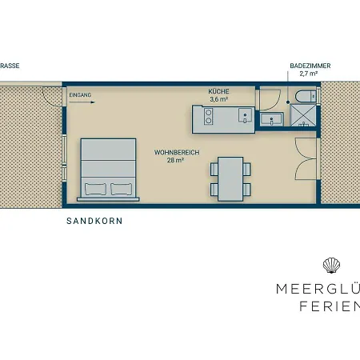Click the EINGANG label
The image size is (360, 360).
tap(81, 95)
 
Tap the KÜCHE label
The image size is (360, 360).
tap(218, 92)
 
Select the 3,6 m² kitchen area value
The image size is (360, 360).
tap(218, 100)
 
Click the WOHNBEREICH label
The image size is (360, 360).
tap(177, 152)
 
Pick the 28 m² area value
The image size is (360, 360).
tap(177, 160)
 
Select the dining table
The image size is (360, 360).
tap(230, 178)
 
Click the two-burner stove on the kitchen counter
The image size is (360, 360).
tap(207, 118)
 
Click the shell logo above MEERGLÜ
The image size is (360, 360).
tap(330, 266)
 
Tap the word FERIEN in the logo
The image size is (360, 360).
tap(328, 307)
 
